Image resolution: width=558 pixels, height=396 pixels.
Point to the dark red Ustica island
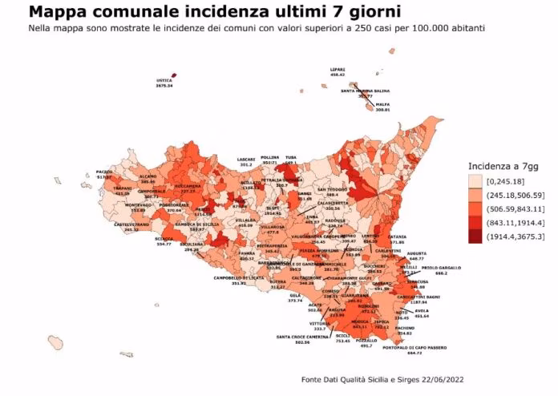(174, 76)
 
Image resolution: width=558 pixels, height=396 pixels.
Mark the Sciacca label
(164, 239)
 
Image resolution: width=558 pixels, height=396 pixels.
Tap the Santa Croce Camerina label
(303, 337)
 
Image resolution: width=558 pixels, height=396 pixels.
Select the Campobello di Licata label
(238, 278)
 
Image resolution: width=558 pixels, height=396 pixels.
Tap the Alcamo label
(148, 176)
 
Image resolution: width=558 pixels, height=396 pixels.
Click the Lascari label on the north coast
(245, 158)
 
